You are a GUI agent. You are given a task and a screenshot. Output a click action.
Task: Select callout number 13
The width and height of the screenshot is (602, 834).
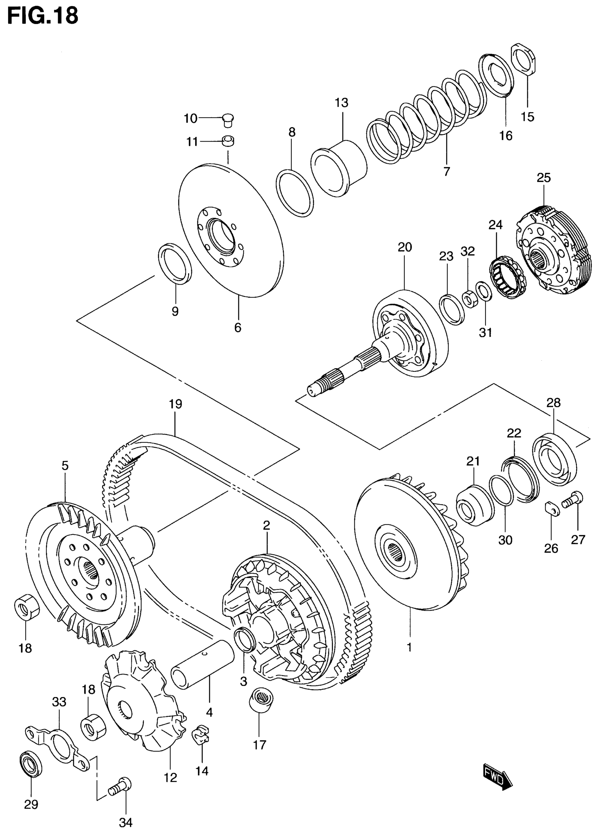point(341,103)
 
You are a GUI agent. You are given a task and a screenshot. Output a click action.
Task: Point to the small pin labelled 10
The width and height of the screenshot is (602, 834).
point(228,120)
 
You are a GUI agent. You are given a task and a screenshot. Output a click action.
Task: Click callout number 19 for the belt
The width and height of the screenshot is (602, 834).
point(175,404)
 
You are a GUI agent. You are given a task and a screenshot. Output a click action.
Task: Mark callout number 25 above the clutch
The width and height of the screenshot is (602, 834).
point(544,178)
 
